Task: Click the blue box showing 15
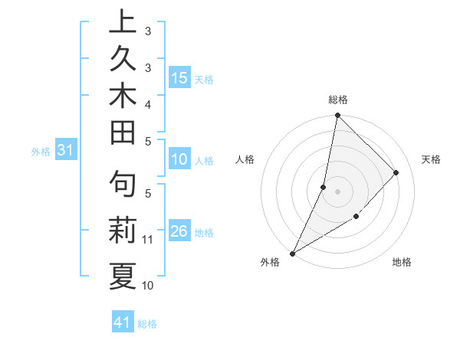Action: [179, 77]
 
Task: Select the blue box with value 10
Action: [179, 160]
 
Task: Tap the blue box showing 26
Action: [179, 231]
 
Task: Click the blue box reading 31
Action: [66, 151]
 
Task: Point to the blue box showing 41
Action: [123, 323]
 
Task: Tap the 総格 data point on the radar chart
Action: [337, 115]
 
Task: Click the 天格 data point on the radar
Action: [396, 172]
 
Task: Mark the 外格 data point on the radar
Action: [292, 253]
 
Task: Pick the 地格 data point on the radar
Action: [356, 217]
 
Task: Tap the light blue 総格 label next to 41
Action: [147, 324]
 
